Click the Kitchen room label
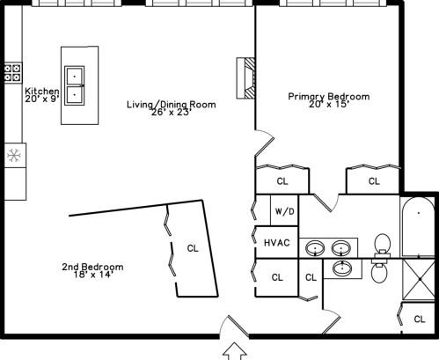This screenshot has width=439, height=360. pyautogui.click(x=42, y=91)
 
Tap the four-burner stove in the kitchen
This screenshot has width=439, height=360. pyautogui.click(x=13, y=72)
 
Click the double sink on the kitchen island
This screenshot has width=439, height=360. pyautogui.click(x=75, y=85)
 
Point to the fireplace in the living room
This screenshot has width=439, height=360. pyautogui.click(x=245, y=78)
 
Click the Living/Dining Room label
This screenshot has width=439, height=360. pyautogui.click(x=172, y=105)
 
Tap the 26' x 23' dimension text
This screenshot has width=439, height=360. pyautogui.click(x=172, y=112)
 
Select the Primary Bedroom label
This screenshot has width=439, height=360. pyautogui.click(x=329, y=96)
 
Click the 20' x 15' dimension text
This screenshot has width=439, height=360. pyautogui.click(x=329, y=104)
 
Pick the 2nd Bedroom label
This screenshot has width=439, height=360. pyautogui.click(x=92, y=267)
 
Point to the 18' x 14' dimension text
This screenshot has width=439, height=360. pyautogui.click(x=93, y=275)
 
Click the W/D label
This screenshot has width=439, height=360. pyautogui.click(x=284, y=211)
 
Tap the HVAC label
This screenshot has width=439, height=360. pyautogui.click(x=277, y=243)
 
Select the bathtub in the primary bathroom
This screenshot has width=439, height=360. pyautogui.click(x=418, y=227)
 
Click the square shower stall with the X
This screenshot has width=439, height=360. pyautogui.click(x=419, y=279)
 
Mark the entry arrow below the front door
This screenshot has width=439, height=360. pyautogui.click(x=235, y=351)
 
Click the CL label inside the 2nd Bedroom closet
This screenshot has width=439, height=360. pyautogui.click(x=193, y=248)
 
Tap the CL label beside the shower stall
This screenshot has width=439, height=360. pyautogui.click(x=420, y=319)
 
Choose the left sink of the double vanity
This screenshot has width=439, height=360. pyautogui.click(x=315, y=248)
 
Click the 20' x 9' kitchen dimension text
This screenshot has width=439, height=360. pyautogui.click(x=42, y=99)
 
